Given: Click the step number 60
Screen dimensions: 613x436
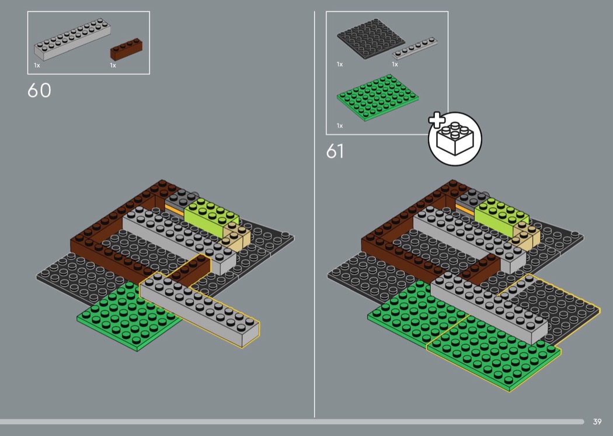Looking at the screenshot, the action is point(39,91).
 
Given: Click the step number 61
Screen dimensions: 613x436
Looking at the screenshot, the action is point(335,151).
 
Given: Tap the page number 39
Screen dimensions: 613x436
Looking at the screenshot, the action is point(597,421).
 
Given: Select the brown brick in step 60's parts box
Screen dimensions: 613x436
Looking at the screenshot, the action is point(126,49).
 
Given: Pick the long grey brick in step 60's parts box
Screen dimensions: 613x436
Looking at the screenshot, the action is point(72,39).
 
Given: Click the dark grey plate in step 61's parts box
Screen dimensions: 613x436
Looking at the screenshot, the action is point(371,39).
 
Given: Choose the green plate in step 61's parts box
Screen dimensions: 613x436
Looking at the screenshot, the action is point(378,98).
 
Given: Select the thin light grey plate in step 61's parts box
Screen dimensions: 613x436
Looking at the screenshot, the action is point(415,48).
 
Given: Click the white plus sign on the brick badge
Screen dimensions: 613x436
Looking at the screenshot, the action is point(437,120).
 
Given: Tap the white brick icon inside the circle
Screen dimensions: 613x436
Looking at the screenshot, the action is point(455,139).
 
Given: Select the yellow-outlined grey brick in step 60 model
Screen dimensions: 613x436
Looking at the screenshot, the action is point(200,309).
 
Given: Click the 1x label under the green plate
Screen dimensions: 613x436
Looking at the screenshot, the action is point(340,126).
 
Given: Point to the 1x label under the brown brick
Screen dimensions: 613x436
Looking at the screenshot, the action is point(113,65).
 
